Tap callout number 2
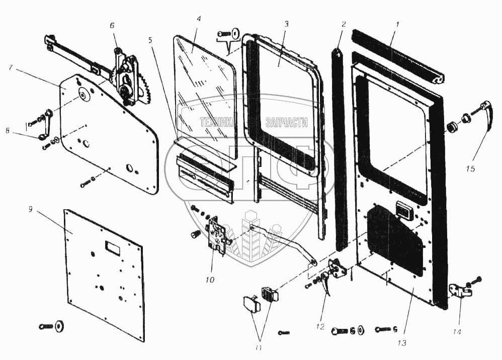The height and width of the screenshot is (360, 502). tap(343, 24)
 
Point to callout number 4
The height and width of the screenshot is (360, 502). tap(199, 19)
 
